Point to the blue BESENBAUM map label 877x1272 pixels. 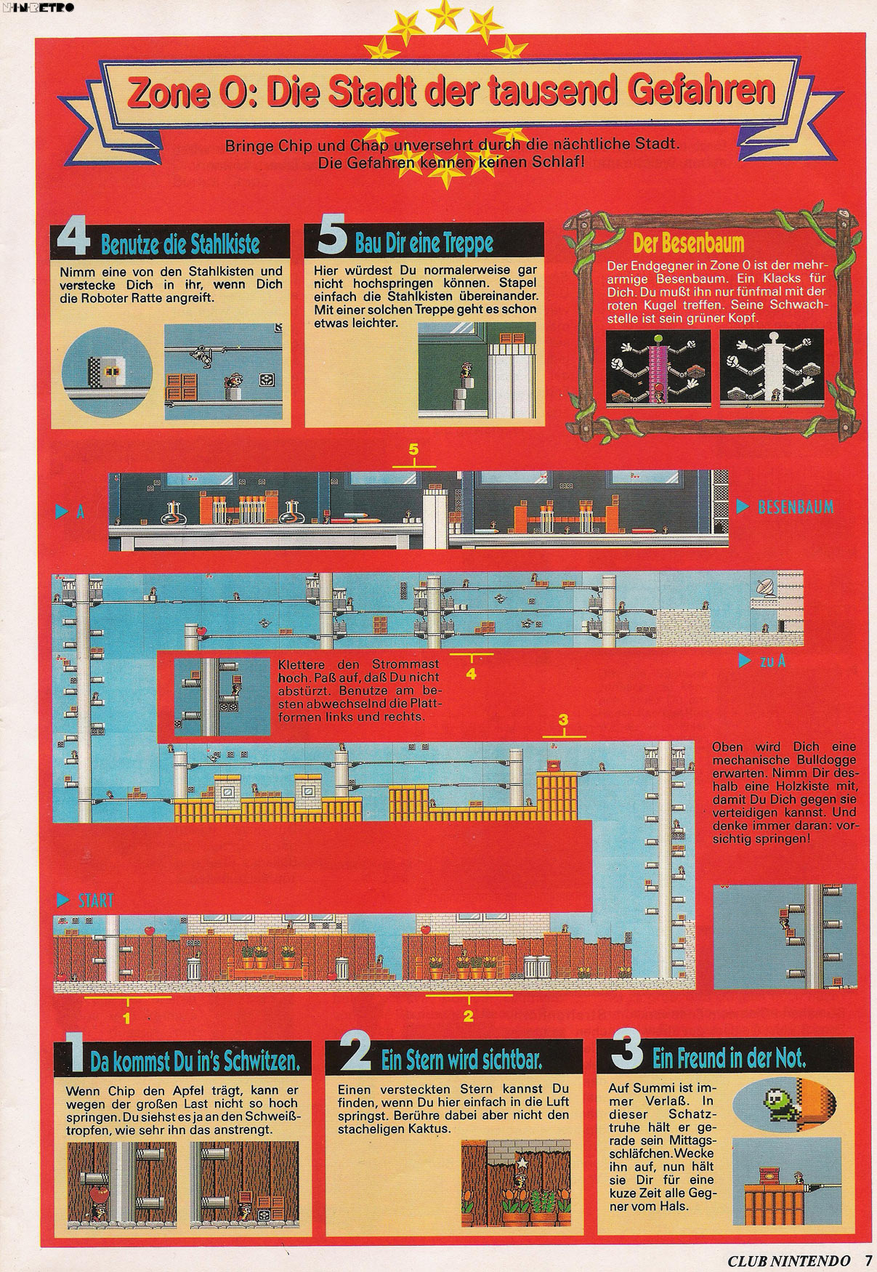[x=795, y=507]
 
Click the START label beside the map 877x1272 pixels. [x=95, y=901]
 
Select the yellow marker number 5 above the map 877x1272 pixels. [x=413, y=449]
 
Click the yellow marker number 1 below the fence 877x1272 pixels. [x=126, y=1018]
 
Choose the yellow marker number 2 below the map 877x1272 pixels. [x=468, y=1015]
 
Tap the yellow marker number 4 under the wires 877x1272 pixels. [x=471, y=674]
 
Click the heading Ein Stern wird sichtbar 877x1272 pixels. [x=461, y=1060]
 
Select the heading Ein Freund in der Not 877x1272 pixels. [x=730, y=1058]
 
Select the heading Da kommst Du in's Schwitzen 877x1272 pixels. [x=195, y=1061]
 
